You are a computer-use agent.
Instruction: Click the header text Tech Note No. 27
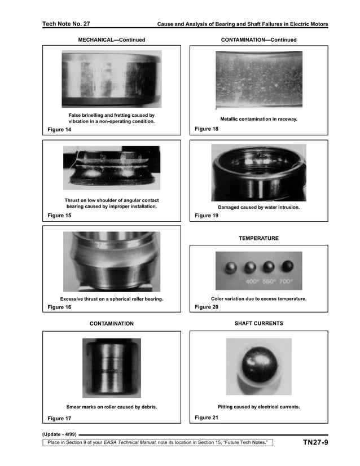[x=66, y=24]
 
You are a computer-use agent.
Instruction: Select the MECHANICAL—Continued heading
[x=111, y=40]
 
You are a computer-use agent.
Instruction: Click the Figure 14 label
[x=59, y=130]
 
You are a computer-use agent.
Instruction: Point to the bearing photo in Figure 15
[x=111, y=168]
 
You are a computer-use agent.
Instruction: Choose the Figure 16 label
[x=59, y=307]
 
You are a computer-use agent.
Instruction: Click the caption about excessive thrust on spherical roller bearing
[x=112, y=298]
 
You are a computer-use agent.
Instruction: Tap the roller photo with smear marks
[x=112, y=368]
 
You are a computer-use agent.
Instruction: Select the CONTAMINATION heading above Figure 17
[x=112, y=324]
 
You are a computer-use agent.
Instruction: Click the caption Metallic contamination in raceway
[x=258, y=119]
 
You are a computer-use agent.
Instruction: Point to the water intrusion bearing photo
[x=258, y=173]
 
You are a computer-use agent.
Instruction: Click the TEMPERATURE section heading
[x=258, y=239]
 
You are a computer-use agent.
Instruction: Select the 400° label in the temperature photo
[x=252, y=281]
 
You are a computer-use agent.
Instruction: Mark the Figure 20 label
[x=207, y=307]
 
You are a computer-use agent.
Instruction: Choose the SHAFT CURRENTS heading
[x=258, y=324]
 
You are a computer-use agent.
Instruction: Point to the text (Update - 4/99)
[x=59, y=434]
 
